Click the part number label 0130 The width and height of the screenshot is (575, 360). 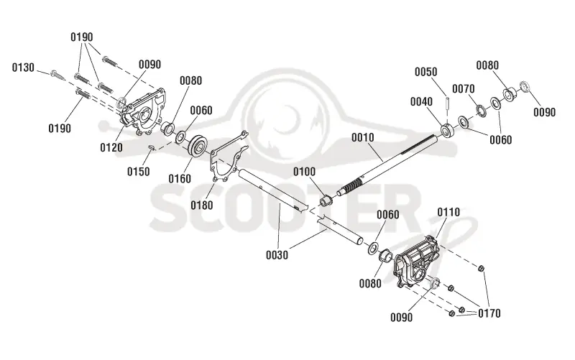[x=23, y=68]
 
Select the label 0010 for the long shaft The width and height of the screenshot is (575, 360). [x=363, y=137]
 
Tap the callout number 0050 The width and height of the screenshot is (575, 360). [x=425, y=71]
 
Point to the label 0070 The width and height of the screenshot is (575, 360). [x=463, y=88]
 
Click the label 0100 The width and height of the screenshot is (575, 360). [x=304, y=171]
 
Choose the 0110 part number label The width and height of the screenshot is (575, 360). [x=448, y=212]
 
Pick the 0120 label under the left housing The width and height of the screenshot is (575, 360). [x=111, y=148]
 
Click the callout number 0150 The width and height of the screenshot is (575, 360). [x=138, y=172]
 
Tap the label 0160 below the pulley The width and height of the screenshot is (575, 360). [x=180, y=179]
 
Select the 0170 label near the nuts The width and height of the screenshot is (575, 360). [x=489, y=313]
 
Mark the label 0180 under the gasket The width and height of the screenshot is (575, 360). [x=202, y=205]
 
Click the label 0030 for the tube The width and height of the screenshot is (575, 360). [x=277, y=255]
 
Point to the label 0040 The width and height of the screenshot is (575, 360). [x=421, y=101]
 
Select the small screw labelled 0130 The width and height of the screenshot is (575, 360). [x=57, y=75]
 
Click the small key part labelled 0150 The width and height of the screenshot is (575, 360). [x=151, y=147]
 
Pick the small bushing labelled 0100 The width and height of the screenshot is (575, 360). [x=326, y=201]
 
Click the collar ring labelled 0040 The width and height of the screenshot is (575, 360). [x=447, y=131]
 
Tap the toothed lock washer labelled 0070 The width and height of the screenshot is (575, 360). [x=480, y=111]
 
